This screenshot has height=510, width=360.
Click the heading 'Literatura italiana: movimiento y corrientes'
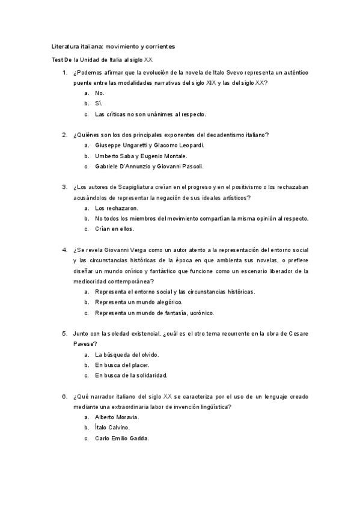click(x=113, y=46)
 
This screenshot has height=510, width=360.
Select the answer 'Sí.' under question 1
click(x=99, y=103)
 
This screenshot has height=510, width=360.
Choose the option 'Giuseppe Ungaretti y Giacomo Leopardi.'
click(x=150, y=146)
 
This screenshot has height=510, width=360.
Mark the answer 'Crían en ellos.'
click(x=115, y=229)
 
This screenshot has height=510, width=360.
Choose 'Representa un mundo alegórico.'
click(x=138, y=302)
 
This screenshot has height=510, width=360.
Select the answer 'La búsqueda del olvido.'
click(x=127, y=354)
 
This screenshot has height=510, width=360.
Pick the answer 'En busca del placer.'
click(x=122, y=365)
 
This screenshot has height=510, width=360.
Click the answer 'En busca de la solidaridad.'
click(x=130, y=375)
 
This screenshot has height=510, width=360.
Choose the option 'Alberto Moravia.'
click(x=117, y=417)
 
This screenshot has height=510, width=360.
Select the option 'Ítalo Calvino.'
click(x=112, y=428)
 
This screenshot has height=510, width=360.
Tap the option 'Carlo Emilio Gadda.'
click(x=122, y=438)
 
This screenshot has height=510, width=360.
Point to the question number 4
click(x=64, y=250)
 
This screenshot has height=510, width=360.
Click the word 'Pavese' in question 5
click(x=85, y=343)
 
